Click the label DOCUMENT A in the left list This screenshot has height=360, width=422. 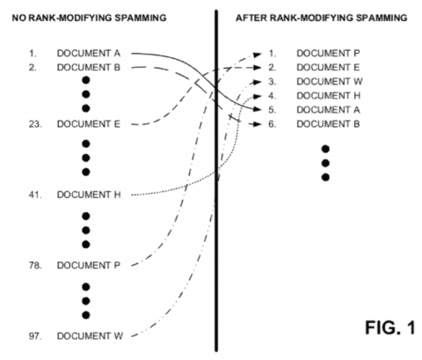(89, 54)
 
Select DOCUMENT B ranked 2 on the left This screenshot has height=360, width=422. (89, 67)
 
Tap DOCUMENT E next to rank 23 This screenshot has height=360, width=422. (89, 124)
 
